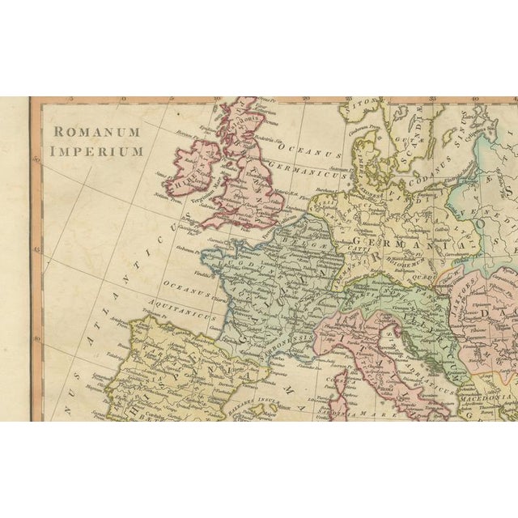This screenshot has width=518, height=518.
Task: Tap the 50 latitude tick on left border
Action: click(36, 159)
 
